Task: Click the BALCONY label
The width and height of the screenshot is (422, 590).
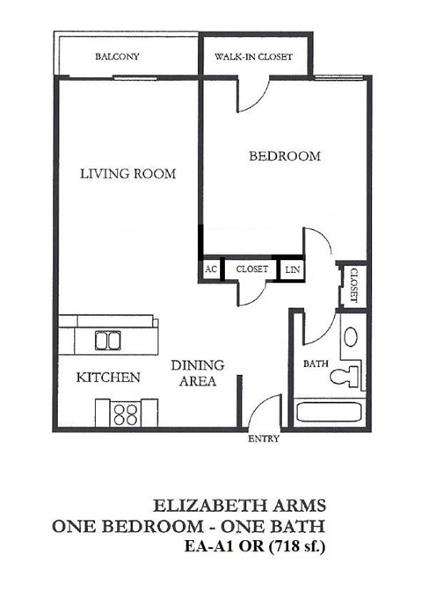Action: (117, 58)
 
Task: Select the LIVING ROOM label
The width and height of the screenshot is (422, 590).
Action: (127, 174)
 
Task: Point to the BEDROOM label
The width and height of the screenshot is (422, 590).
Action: (284, 156)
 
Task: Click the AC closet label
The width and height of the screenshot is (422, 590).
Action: (211, 269)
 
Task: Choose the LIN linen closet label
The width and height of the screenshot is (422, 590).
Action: (292, 270)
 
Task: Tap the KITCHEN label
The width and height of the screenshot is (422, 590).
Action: (108, 378)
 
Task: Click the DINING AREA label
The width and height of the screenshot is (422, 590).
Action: (197, 373)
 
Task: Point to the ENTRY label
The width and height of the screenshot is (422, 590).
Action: (264, 438)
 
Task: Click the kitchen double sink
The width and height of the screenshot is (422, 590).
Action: (107, 340)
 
